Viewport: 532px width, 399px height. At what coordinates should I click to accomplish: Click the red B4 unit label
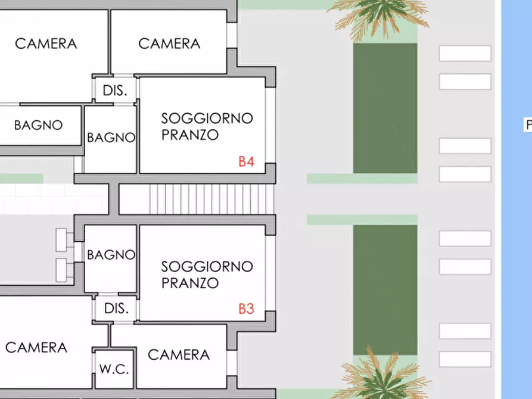tap(247, 161)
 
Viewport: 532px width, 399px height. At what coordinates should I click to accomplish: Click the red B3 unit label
tap(247, 309)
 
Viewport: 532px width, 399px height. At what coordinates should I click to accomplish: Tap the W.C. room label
tap(114, 369)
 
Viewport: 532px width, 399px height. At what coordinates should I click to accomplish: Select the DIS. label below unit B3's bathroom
tap(116, 309)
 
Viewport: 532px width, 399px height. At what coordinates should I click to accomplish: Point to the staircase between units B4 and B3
tap(196, 199)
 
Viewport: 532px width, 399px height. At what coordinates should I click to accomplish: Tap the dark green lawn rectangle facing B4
tap(385, 108)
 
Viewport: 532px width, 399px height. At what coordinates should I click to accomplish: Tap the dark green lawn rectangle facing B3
tap(385, 289)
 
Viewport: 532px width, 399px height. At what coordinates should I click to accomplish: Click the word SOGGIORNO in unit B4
tap(207, 118)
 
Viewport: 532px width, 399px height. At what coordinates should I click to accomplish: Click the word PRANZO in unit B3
tap(189, 283)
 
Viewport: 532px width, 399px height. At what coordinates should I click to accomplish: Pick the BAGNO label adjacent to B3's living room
tap(111, 255)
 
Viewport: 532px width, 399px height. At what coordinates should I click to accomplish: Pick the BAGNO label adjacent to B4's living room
tap(111, 138)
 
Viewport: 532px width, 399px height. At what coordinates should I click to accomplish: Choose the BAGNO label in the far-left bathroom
tap(38, 125)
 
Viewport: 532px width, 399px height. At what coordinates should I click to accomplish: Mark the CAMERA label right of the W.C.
tap(179, 355)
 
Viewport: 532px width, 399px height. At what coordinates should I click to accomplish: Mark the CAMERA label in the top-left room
tap(46, 43)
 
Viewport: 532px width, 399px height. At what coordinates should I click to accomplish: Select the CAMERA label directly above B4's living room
tap(169, 43)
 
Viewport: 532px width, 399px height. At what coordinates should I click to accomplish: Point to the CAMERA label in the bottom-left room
tap(36, 347)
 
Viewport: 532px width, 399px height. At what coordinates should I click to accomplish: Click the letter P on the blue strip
tap(528, 125)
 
